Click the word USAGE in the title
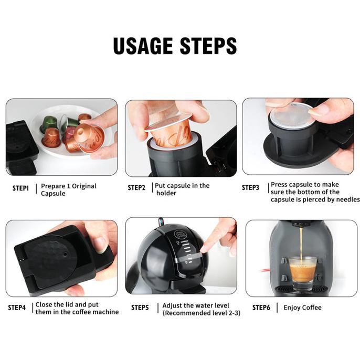(143, 46)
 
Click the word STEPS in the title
(208, 46)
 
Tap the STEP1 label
(20, 188)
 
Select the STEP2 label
(136, 188)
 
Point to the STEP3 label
(250, 188)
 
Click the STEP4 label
(17, 308)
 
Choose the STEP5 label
(140, 308)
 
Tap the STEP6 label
(261, 308)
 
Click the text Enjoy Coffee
(302, 308)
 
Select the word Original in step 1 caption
(83, 186)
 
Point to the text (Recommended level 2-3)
(202, 313)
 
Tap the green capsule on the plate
(49, 123)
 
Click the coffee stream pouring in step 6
(301, 243)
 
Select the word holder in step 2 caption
(166, 193)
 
